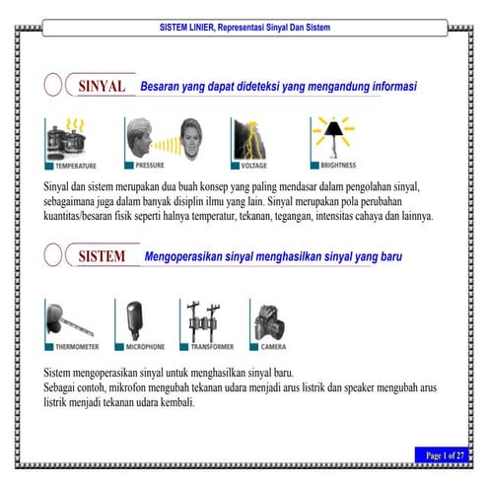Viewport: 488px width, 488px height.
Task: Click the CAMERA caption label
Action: (273, 347)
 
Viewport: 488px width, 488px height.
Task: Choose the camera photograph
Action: (269, 320)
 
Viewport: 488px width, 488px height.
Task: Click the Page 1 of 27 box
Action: (445, 454)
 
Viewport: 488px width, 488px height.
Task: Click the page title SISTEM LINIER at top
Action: (244, 28)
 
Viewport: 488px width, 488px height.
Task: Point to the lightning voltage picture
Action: (250, 137)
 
